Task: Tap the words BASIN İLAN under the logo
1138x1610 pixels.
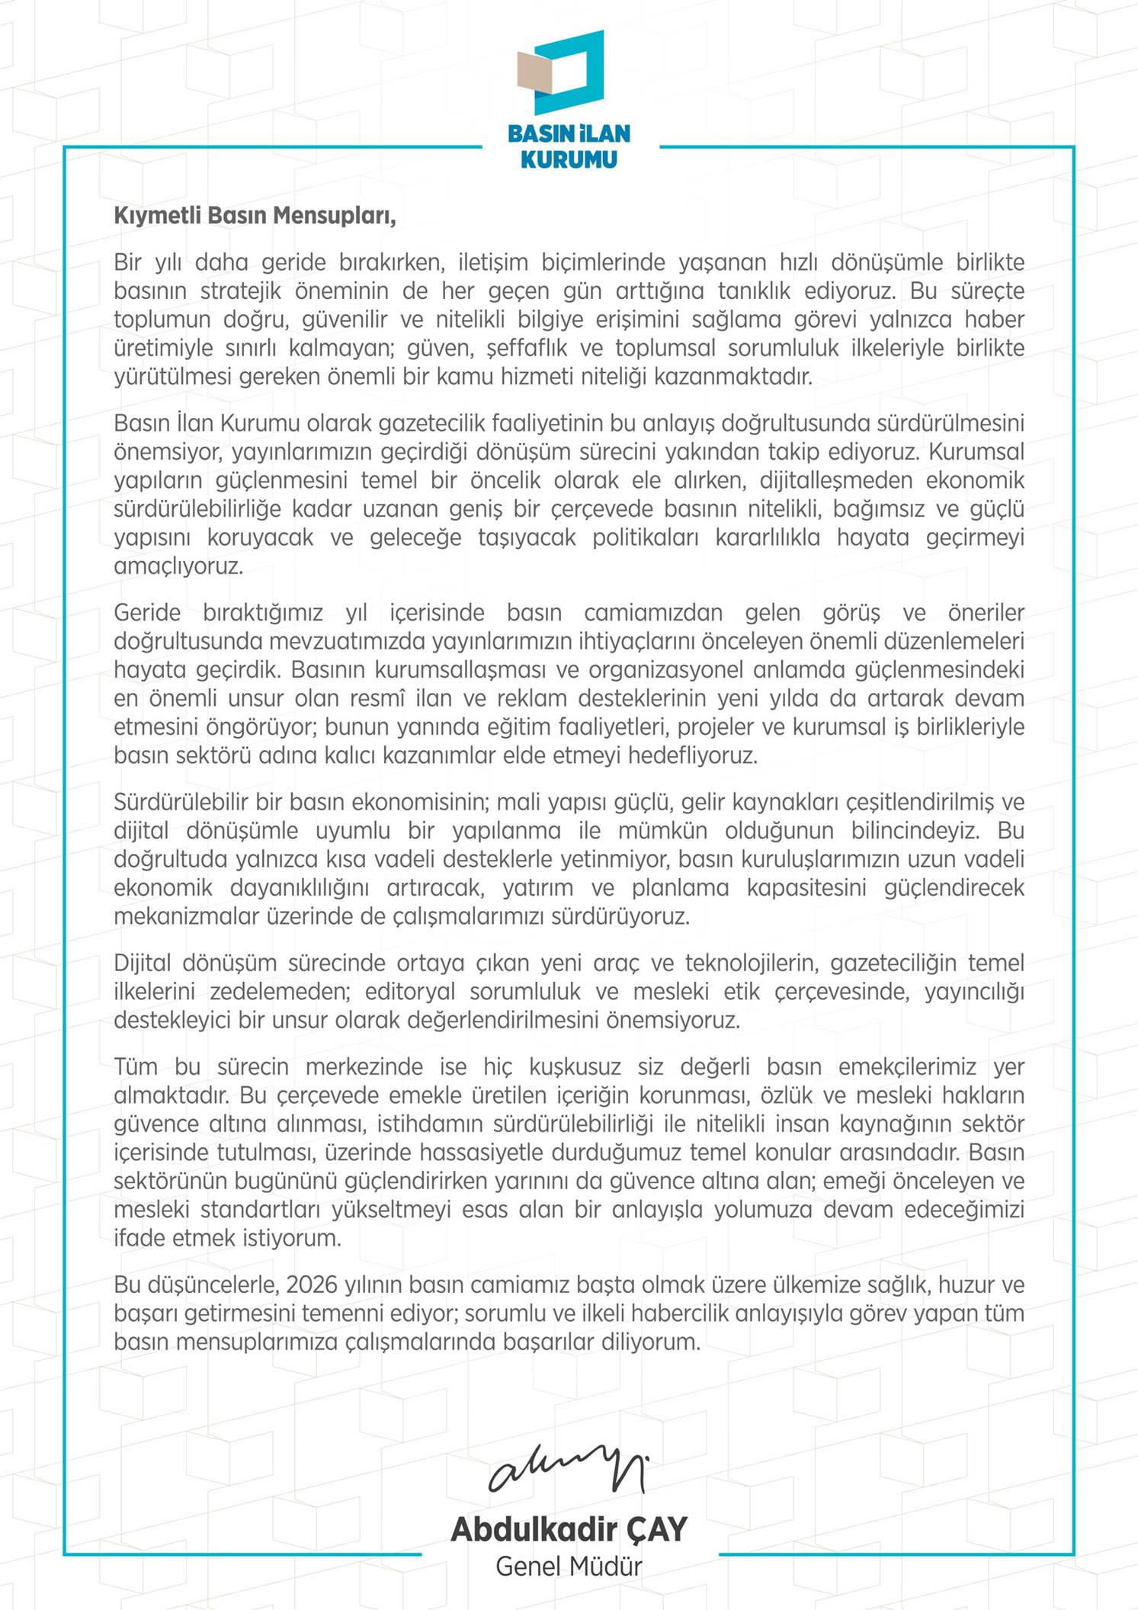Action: pyautogui.click(x=569, y=133)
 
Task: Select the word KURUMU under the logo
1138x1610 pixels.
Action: pyautogui.click(x=569, y=159)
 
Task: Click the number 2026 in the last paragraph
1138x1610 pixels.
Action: pyautogui.click(x=313, y=1284)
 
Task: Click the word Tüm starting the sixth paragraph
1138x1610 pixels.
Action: pyautogui.click(x=136, y=1067)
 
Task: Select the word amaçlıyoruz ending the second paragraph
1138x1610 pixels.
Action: pyautogui.click(x=178, y=567)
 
